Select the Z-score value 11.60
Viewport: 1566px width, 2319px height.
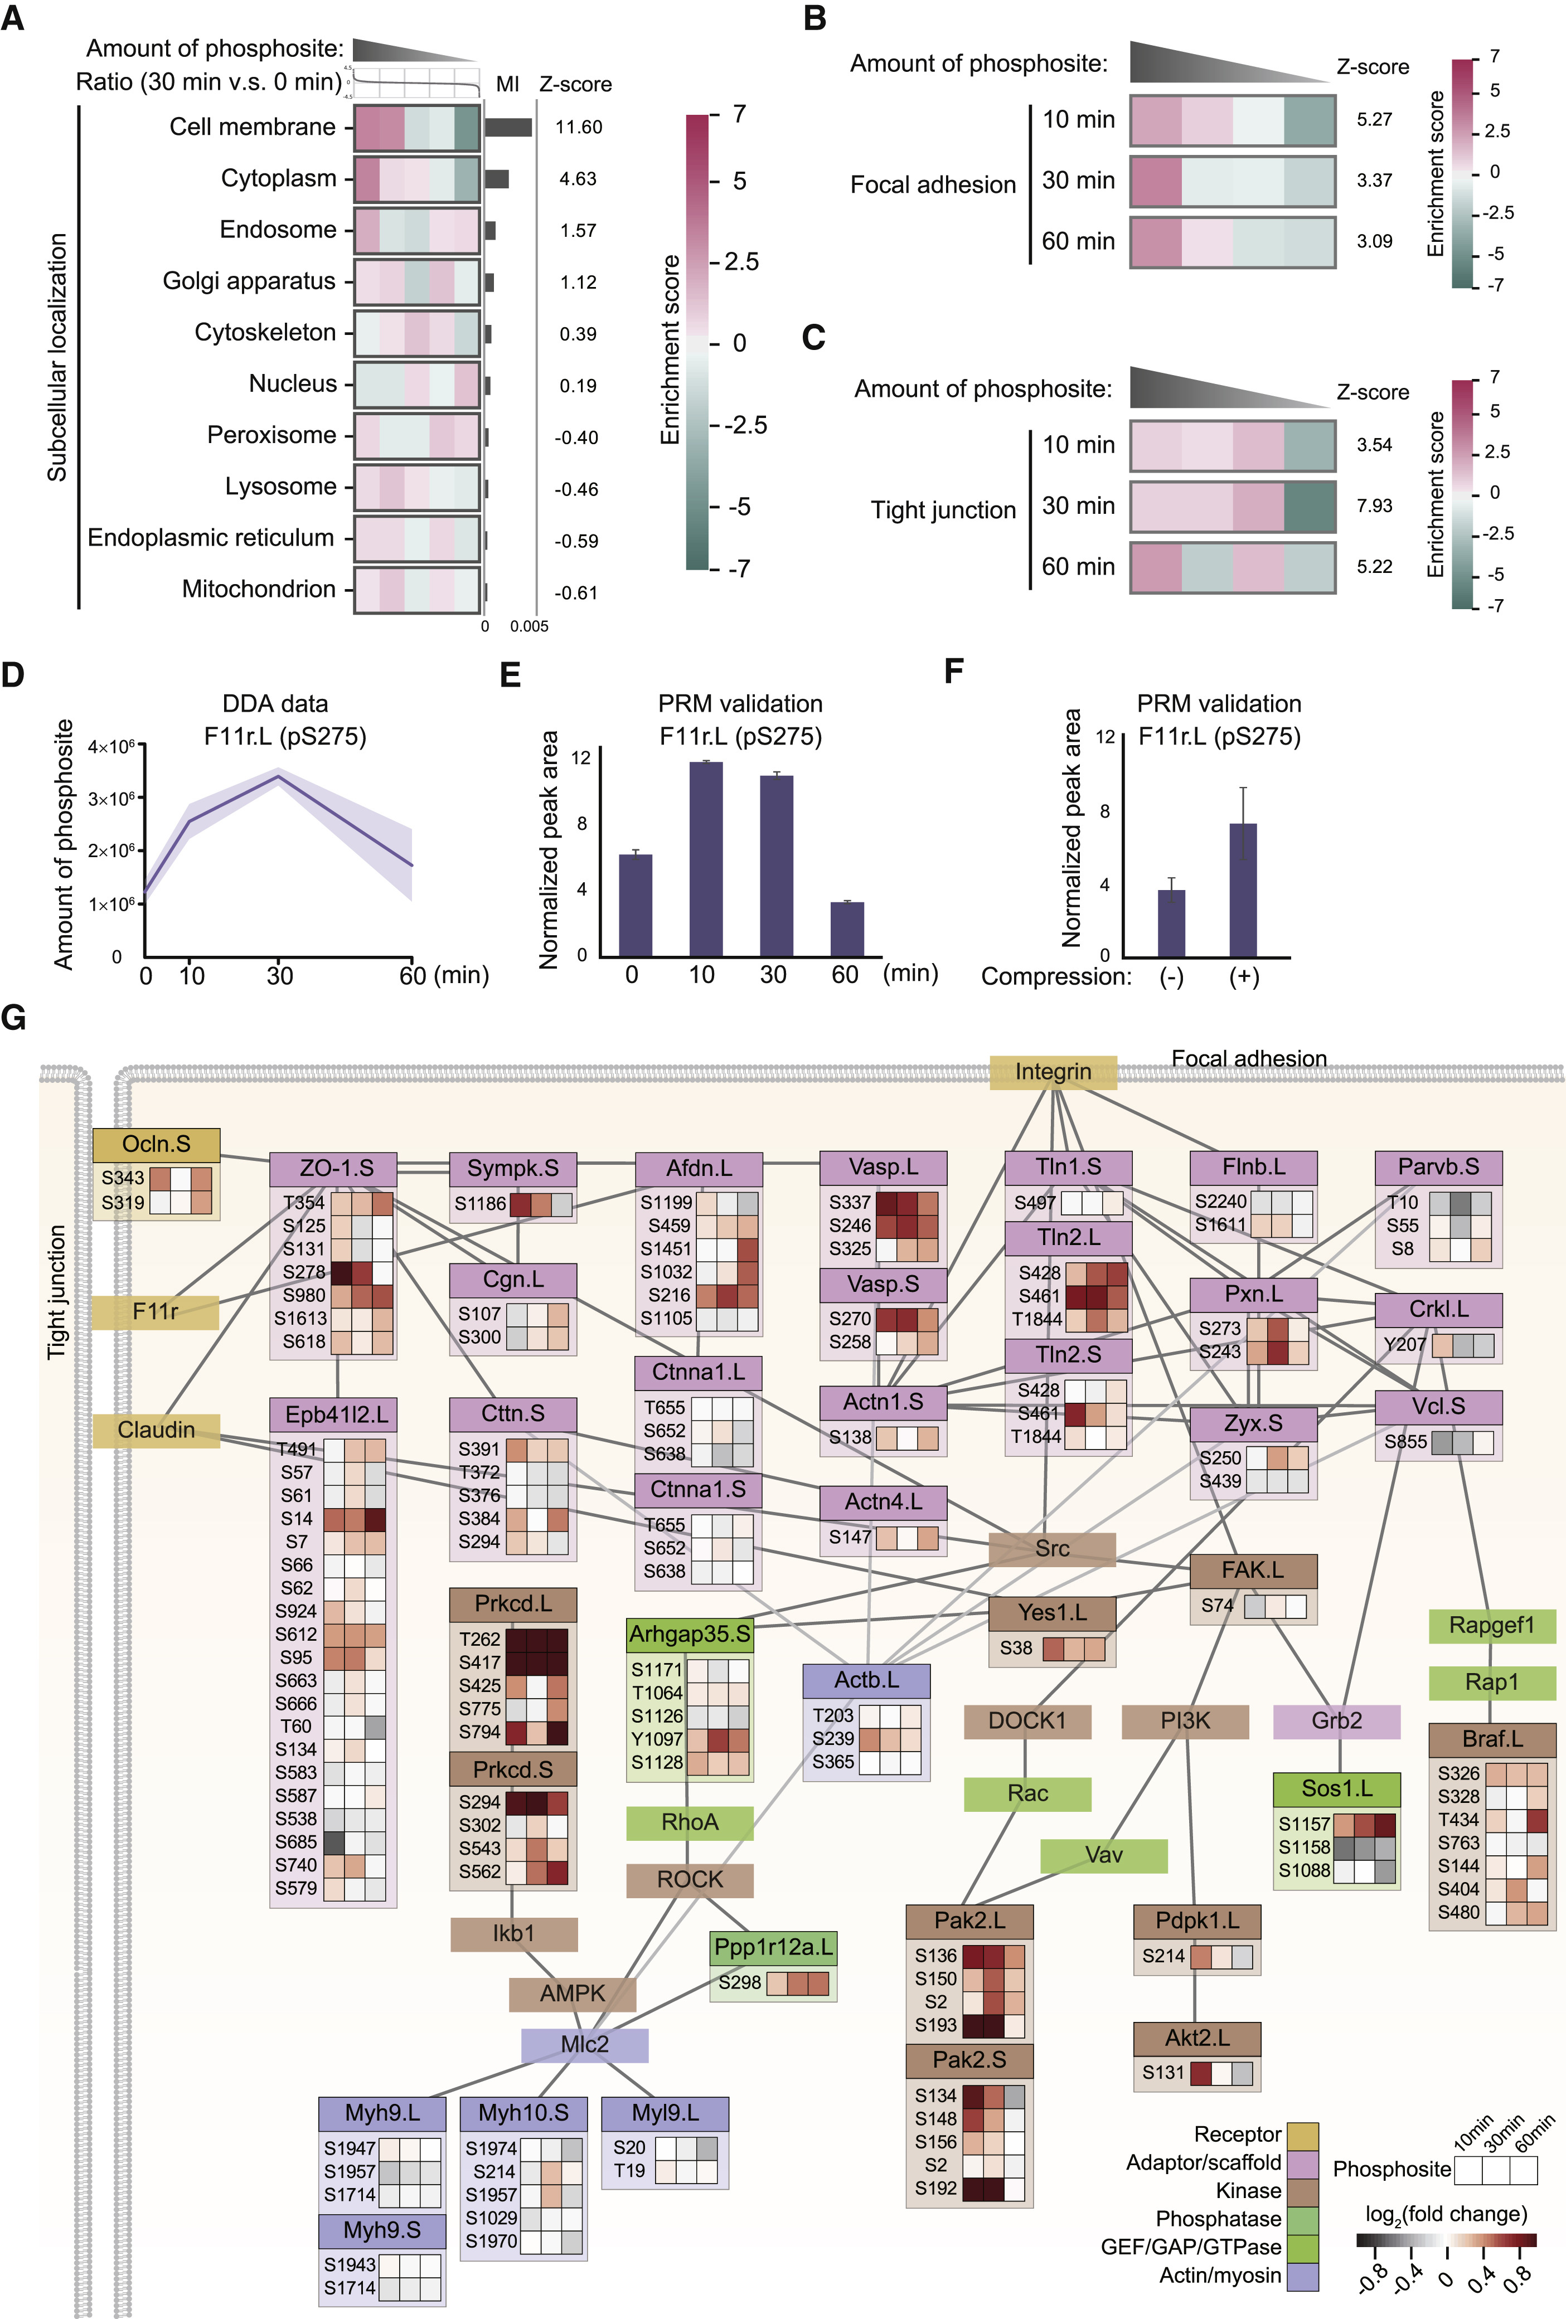579,127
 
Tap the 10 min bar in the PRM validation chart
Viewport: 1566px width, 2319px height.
706,858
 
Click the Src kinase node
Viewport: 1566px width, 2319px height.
1052,1549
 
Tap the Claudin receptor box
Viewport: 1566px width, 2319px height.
156,1430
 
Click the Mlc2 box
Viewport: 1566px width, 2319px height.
584,2045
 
